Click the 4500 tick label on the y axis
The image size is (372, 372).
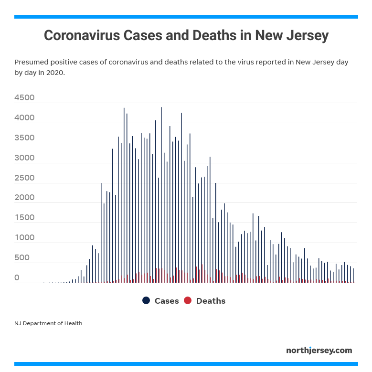click(24, 98)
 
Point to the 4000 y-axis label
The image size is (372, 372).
click(24, 118)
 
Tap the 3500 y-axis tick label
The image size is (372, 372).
click(24, 138)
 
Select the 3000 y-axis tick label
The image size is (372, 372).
click(24, 158)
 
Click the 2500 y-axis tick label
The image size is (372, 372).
click(24, 178)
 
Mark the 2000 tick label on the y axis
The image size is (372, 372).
click(24, 198)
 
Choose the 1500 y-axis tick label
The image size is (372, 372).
click(24, 218)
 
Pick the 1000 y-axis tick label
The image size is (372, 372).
click(24, 238)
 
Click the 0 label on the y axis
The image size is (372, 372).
click(17, 277)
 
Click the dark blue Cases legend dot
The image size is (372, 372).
click(146, 300)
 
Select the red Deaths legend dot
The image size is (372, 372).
click(188, 300)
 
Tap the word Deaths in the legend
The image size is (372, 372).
click(211, 301)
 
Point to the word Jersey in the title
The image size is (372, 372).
click(305, 36)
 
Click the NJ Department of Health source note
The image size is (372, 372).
click(48, 323)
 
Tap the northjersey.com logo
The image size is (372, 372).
click(319, 351)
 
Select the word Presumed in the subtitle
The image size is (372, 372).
click(30, 63)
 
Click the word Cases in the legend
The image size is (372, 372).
click(167, 301)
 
